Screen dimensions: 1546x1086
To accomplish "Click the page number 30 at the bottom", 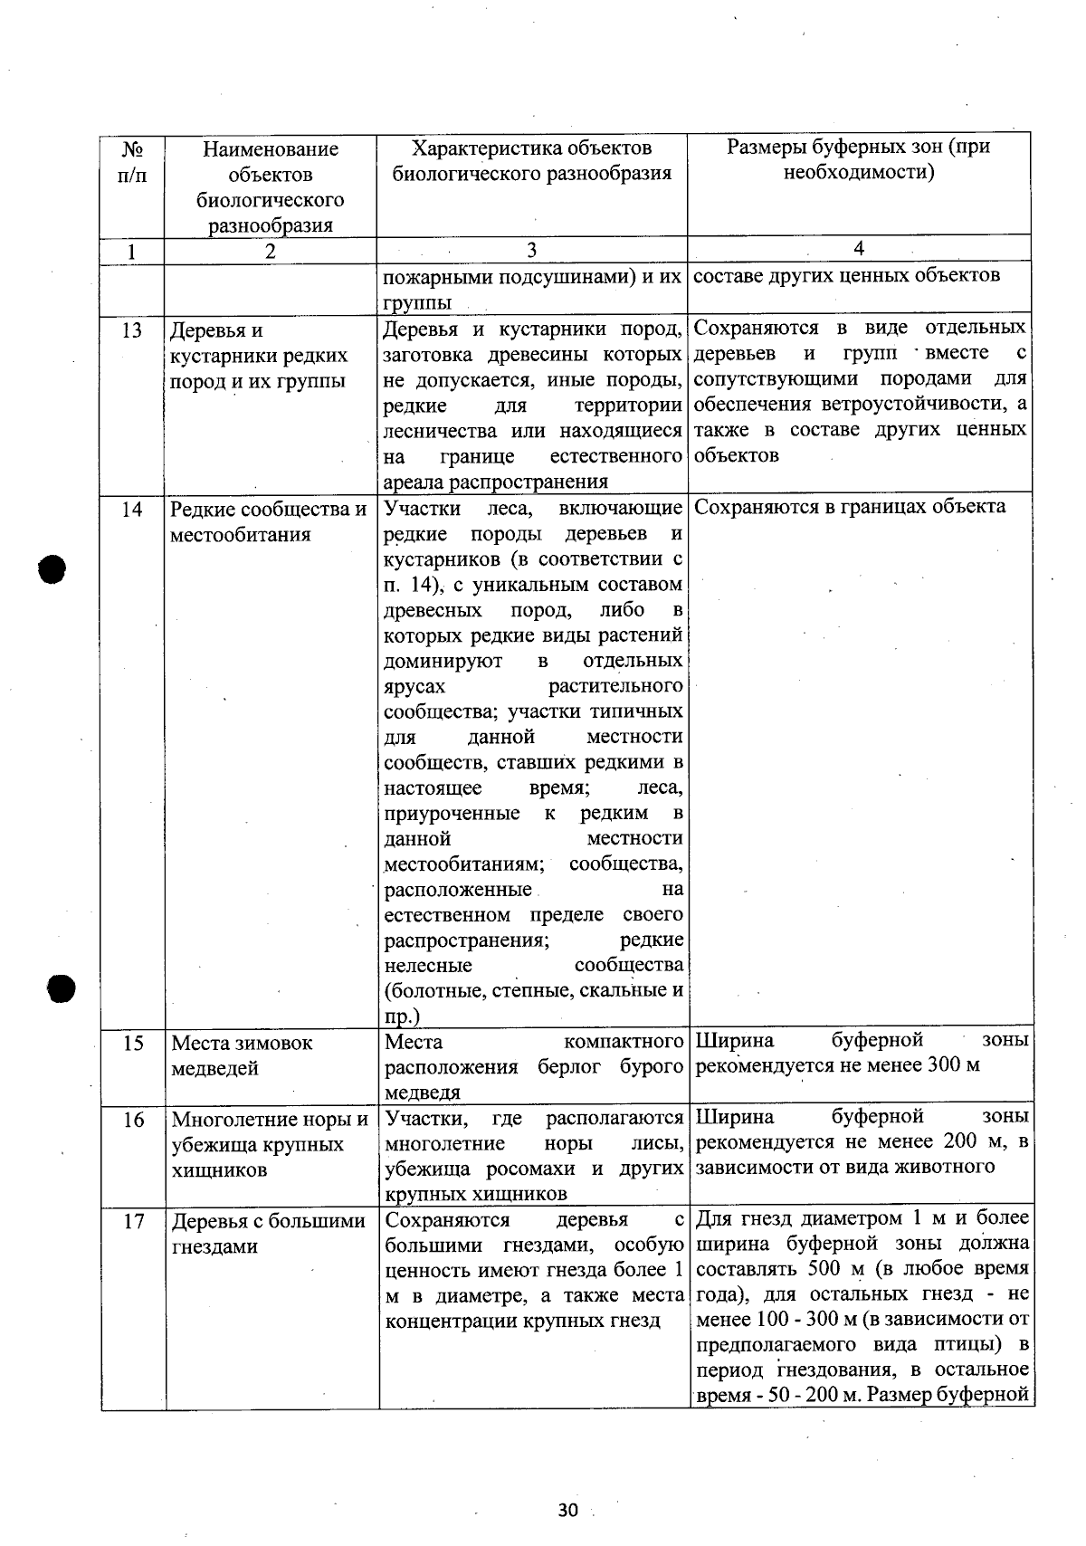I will point(568,1510).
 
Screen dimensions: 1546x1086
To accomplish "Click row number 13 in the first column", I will point(132,330).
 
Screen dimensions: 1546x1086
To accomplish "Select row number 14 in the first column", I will point(132,510).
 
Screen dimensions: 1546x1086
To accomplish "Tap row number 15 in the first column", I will point(133,1043).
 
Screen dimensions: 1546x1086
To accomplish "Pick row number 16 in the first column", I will point(133,1120).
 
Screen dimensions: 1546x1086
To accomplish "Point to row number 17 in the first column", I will point(133,1221).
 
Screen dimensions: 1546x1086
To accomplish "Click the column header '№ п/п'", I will point(132,161).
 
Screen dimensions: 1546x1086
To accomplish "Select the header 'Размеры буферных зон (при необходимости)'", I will point(858,159).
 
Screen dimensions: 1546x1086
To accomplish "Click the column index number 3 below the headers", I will point(531,251).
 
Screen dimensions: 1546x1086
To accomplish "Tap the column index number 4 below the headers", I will point(859,249).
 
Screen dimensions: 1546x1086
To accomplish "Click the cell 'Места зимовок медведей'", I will point(242,1055).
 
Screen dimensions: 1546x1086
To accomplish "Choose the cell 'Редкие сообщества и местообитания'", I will point(268,522).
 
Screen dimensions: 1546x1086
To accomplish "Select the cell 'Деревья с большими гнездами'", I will point(268,1234).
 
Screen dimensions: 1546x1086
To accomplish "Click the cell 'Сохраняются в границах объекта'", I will point(849,507).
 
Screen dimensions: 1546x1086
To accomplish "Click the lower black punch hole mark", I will point(61,988).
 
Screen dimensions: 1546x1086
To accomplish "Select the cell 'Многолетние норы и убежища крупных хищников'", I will point(269,1145).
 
